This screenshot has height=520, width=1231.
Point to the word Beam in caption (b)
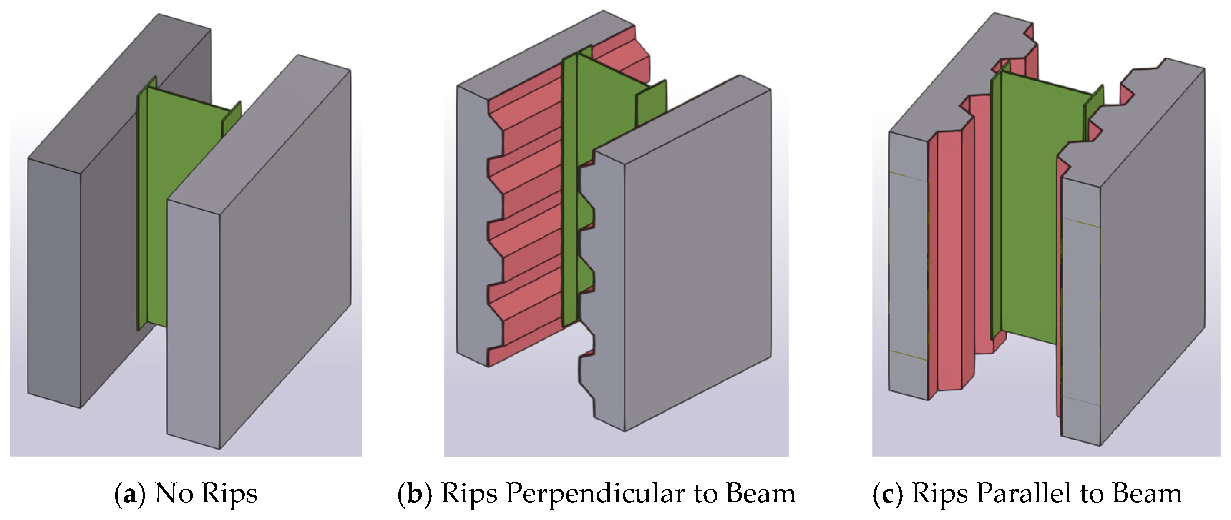pos(761,493)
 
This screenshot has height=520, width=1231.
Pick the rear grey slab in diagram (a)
pos(119,210)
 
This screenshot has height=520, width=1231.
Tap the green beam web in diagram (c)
pos(1047,210)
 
